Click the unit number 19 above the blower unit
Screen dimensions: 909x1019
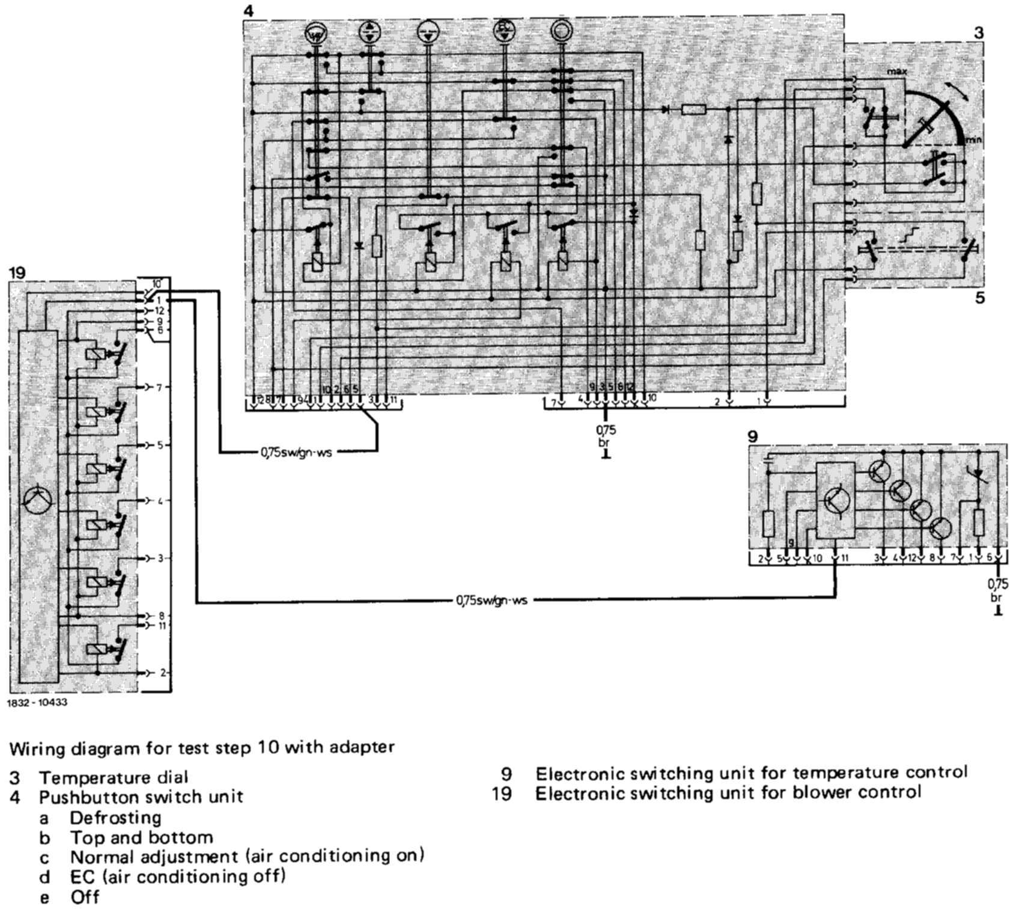click(17, 273)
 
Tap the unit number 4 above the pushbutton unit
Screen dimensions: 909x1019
click(248, 10)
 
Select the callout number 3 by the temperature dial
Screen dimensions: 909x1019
click(979, 33)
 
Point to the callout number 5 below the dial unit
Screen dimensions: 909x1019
click(980, 298)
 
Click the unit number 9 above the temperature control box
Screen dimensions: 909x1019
click(753, 436)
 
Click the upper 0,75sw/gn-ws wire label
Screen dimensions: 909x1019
click(296, 452)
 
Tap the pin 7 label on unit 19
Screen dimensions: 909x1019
click(160, 388)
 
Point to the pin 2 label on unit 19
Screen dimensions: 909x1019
click(162, 673)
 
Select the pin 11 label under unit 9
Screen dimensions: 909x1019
click(845, 559)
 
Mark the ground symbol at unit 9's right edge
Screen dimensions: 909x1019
click(999, 611)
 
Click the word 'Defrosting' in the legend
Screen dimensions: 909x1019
click(115, 818)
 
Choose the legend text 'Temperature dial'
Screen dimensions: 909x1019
click(114, 777)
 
